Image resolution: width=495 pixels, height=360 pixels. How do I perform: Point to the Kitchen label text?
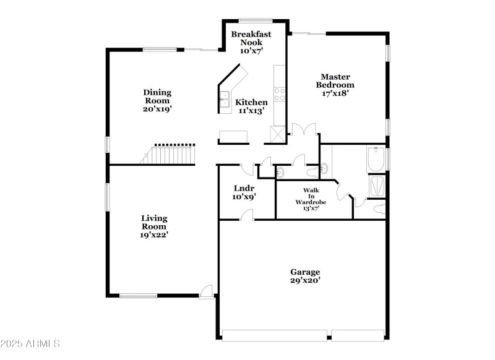click(252, 102)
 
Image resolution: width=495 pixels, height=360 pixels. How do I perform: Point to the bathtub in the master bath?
click(375, 158)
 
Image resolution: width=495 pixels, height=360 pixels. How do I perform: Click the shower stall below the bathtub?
click(376, 186)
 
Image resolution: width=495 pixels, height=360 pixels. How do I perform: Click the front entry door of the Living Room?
click(207, 290)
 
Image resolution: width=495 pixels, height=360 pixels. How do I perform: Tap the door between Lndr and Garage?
click(247, 215)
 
